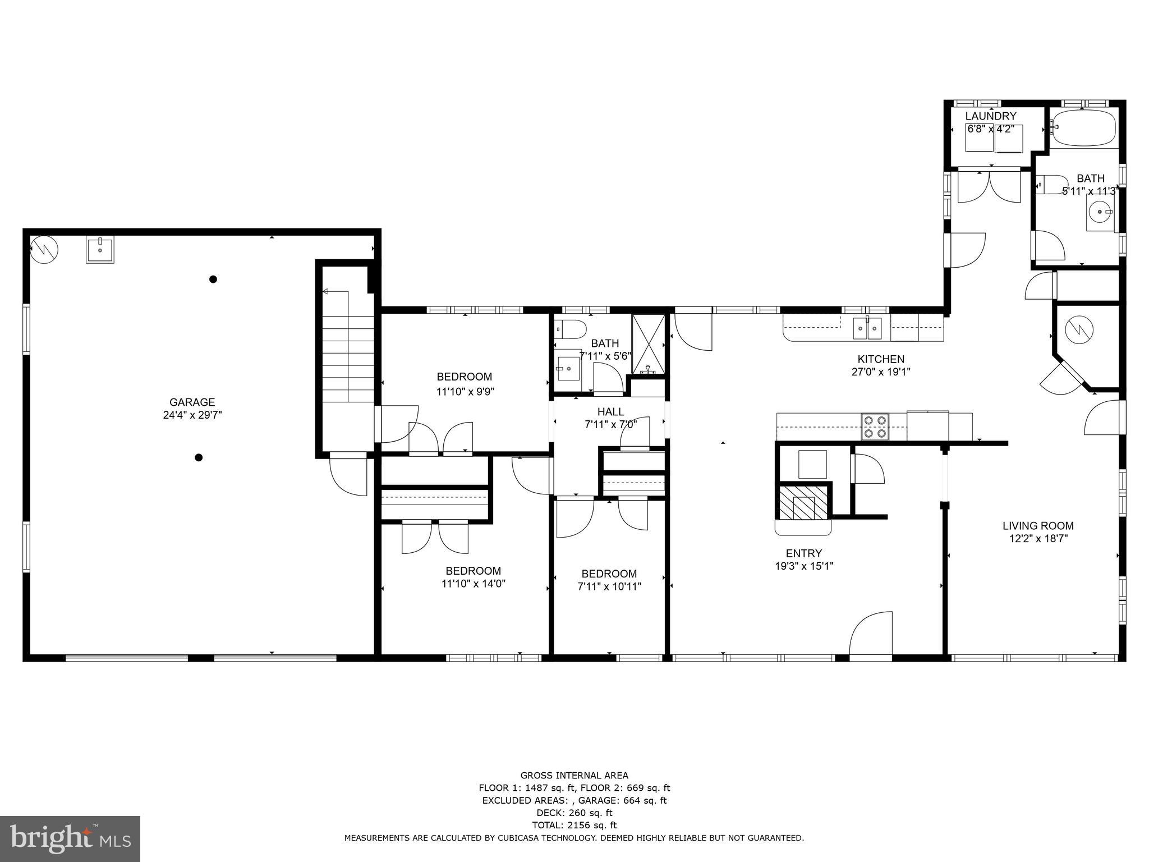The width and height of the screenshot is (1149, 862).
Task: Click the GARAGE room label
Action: point(192,402)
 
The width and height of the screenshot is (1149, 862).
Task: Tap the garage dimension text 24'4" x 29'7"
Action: point(192,415)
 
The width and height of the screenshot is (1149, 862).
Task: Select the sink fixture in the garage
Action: point(100,249)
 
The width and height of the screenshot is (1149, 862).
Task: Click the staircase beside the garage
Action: point(348,359)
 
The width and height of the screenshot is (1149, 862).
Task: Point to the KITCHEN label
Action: point(880,359)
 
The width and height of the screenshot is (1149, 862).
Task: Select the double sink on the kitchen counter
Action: point(867,328)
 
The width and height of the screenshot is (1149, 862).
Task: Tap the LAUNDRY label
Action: point(990,116)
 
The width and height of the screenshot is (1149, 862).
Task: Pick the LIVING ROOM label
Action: point(1038,526)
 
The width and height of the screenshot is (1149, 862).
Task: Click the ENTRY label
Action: point(803,553)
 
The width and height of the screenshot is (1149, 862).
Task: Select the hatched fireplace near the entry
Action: point(803,502)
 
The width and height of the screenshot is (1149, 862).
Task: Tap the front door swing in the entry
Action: point(871,634)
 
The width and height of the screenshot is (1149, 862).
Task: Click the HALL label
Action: point(610,412)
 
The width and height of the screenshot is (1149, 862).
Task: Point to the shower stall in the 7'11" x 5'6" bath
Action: point(649,343)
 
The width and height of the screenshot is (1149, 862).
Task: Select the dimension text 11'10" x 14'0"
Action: point(473,584)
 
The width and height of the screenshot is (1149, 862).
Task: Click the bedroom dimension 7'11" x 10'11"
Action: point(609,586)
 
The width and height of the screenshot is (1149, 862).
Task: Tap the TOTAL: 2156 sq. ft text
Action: point(574,825)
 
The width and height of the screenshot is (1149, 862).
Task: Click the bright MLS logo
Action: point(70,838)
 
